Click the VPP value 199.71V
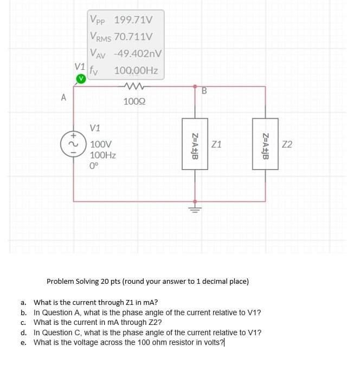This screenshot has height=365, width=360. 133,21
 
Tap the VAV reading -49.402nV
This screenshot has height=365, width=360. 135,54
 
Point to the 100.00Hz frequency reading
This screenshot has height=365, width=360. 136,70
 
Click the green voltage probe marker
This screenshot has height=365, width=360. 80,79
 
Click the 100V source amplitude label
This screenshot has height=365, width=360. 101,145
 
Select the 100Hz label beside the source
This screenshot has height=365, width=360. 103,155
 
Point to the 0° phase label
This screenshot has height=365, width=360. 94,166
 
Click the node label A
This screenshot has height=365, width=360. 63,98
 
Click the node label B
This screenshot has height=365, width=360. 204,91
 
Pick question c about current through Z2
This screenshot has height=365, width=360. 98,323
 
